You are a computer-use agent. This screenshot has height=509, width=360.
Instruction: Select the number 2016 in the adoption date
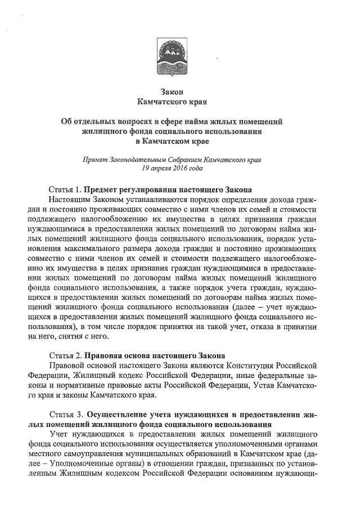[174, 168]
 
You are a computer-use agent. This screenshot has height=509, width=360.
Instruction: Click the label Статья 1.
[66, 190]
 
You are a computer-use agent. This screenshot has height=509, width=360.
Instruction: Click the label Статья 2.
[66, 356]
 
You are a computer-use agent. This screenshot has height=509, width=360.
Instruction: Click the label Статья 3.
[66, 415]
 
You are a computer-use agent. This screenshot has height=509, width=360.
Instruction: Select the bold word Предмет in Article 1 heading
[103, 190]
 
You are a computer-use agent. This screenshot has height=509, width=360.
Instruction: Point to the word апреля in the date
[152, 168]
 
